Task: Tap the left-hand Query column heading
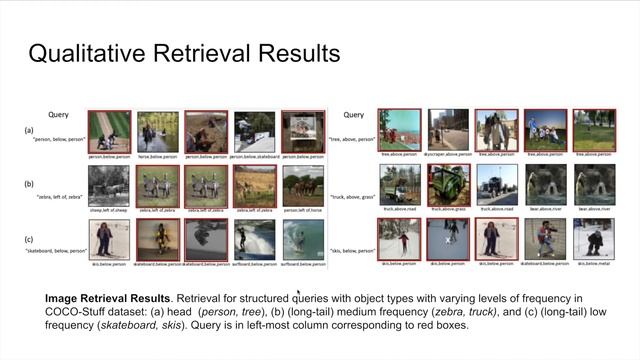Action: tap(58, 115)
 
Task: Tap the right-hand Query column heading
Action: tap(354, 115)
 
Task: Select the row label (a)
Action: tap(30, 130)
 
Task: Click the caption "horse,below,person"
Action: tap(157, 156)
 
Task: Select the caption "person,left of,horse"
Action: tap(303, 211)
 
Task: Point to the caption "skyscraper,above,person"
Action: tap(447, 155)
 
